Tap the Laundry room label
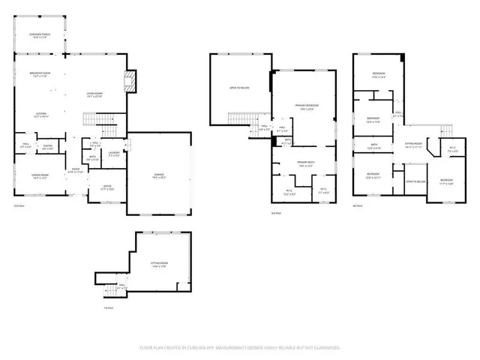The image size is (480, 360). [114, 154]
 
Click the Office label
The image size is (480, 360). [107, 187]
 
